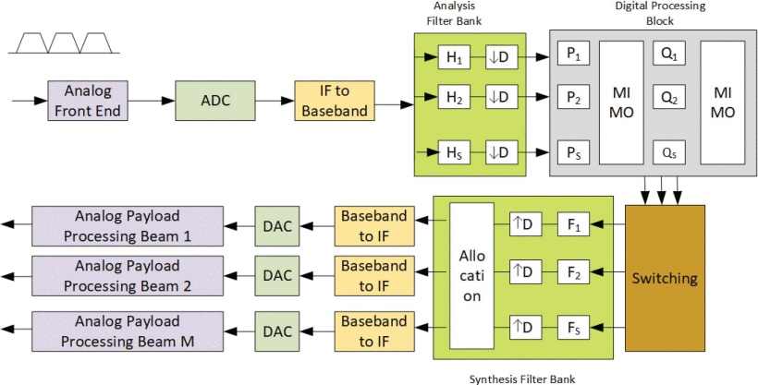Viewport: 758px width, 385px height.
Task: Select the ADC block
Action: click(214, 101)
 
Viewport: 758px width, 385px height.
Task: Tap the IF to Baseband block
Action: click(335, 101)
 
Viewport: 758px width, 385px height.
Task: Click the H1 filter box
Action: click(454, 58)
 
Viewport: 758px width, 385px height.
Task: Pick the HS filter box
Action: click(454, 152)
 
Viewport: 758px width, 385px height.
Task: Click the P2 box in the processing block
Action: click(572, 96)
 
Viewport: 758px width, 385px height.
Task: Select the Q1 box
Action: click(666, 55)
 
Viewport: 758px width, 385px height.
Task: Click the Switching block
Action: click(665, 278)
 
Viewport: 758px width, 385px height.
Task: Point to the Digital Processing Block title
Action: click(660, 14)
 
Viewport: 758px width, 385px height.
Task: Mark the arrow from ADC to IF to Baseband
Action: click(275, 101)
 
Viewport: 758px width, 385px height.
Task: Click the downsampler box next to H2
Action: click(503, 96)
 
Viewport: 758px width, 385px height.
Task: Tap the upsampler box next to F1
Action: click(525, 223)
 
